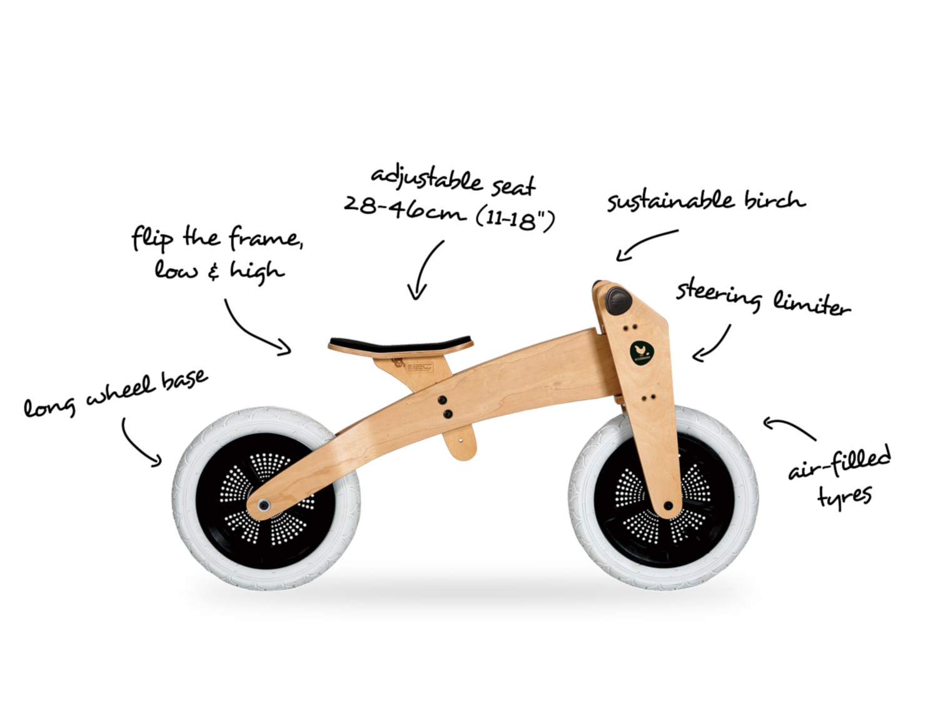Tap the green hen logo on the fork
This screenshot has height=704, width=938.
[642, 352]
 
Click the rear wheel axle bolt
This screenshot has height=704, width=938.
[264, 505]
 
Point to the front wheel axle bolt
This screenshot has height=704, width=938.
[668, 506]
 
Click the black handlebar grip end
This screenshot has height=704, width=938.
[617, 301]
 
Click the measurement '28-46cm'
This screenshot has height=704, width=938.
[403, 208]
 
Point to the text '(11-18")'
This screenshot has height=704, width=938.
[515, 220]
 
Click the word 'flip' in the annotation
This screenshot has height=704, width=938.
[152, 240]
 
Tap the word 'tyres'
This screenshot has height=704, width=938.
[844, 498]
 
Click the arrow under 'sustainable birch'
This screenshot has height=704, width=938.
[645, 242]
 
